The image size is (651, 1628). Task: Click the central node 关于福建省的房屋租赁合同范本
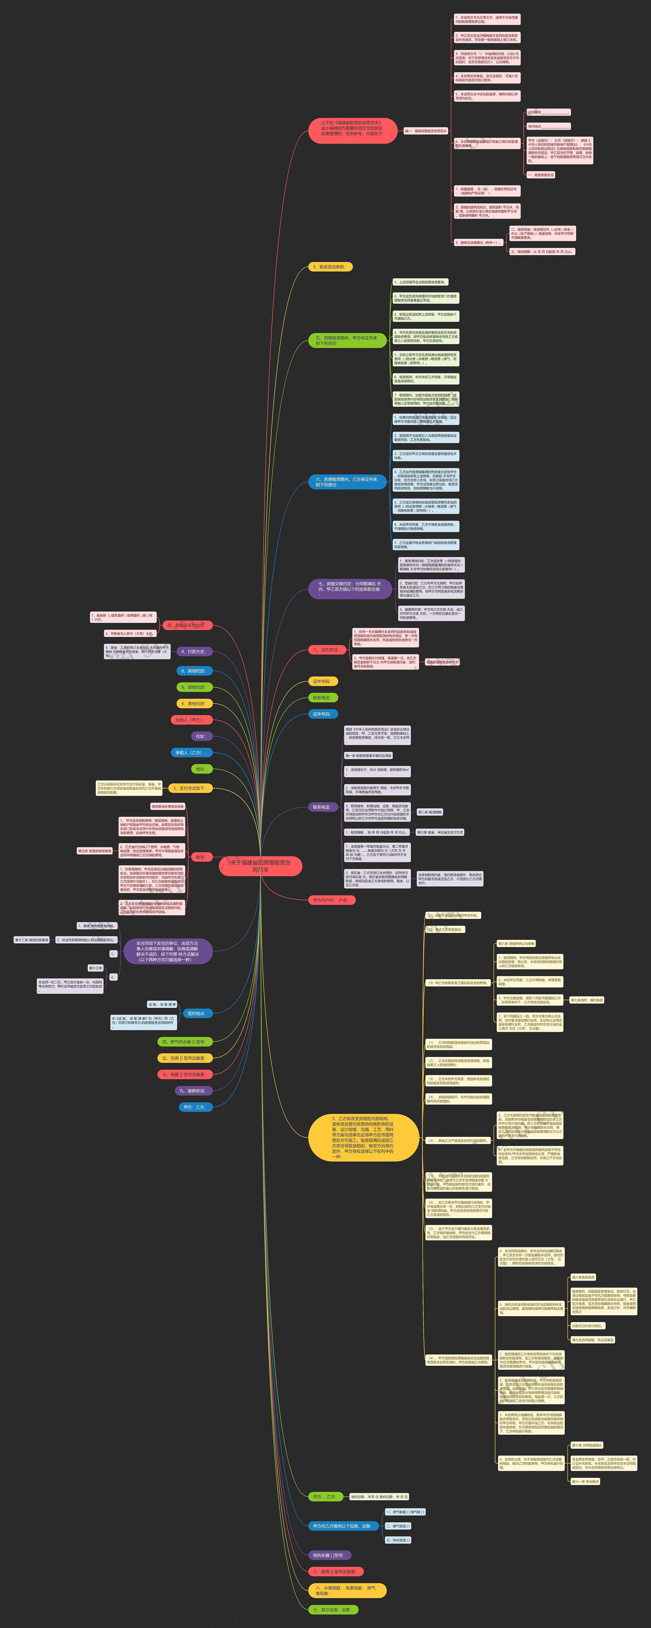click(260, 866)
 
